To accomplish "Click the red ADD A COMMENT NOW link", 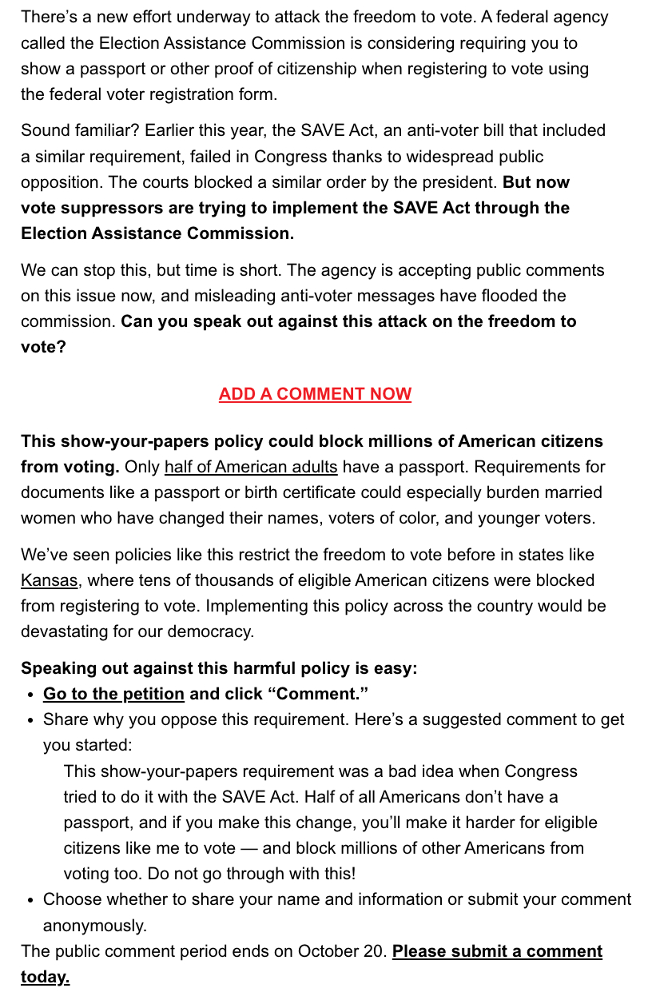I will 315,394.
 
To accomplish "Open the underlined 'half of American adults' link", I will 251,467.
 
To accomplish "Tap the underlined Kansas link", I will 49,580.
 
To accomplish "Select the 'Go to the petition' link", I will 113,694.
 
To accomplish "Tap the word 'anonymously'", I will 94,926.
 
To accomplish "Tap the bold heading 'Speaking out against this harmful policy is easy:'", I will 219,668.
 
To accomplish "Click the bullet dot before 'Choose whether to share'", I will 30,900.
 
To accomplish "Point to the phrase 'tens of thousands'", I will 286,580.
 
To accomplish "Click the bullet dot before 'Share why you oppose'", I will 30,720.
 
